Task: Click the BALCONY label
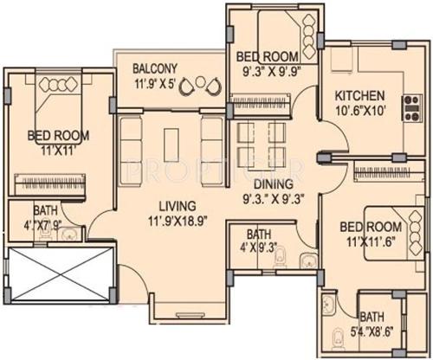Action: [155, 68]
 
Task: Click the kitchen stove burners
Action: [408, 105]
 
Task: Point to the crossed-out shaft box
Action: [58, 274]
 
